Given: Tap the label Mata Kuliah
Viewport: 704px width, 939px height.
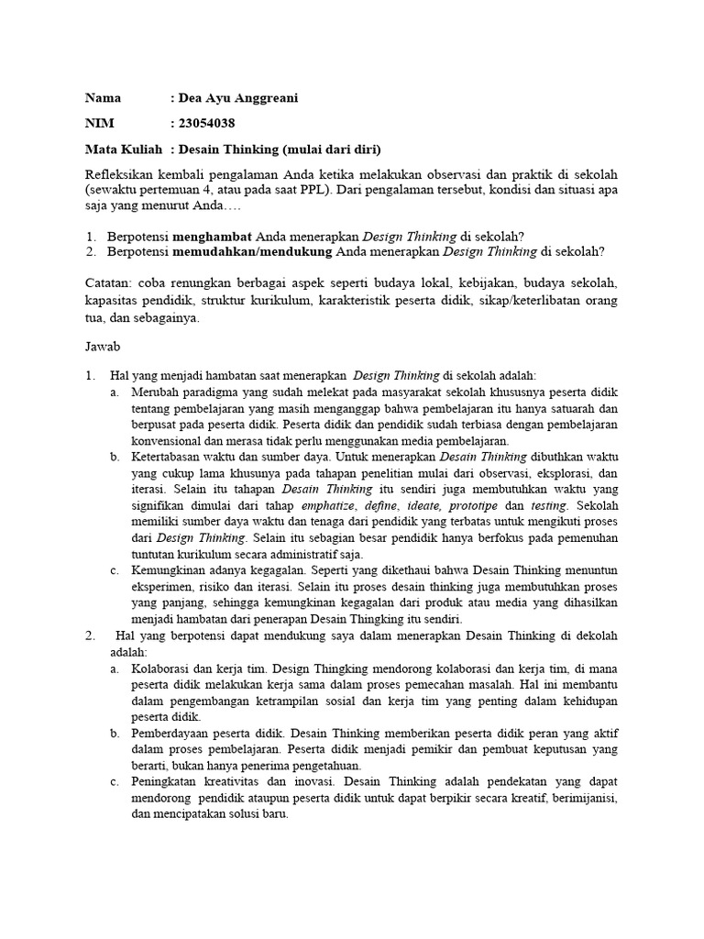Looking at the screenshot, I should point(124,149).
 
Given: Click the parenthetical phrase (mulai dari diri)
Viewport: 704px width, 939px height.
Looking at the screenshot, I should point(332,149).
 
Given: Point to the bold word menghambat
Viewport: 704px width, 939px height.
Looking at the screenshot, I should point(214,236).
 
